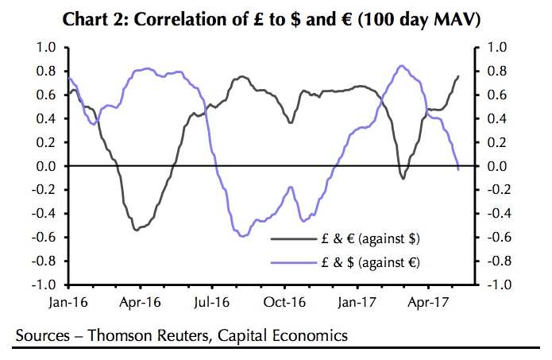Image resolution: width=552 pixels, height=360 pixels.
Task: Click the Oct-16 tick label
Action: pyautogui.click(x=284, y=303)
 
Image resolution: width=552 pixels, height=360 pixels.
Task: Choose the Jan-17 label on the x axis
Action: pyautogui.click(x=357, y=303)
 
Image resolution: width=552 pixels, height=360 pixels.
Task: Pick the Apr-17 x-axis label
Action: pyautogui.click(x=428, y=303)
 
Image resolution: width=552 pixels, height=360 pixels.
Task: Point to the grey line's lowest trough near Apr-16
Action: pyautogui.click(x=137, y=230)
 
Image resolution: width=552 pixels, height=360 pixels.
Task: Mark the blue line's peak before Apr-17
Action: pyautogui.click(x=403, y=66)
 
